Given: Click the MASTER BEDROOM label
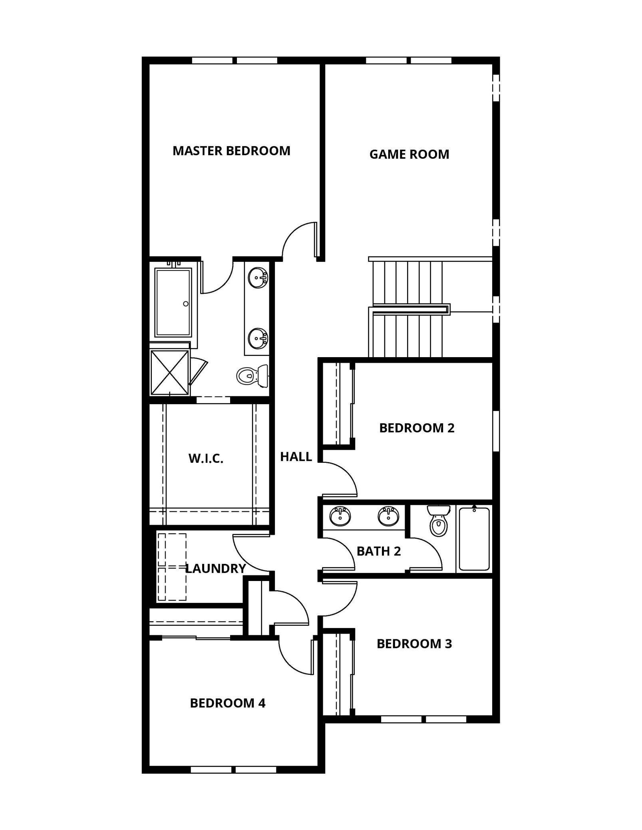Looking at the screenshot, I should point(231,151).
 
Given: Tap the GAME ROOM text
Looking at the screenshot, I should point(409,154).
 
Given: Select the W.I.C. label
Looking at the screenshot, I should point(206,458).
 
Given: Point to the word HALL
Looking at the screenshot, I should point(296,457).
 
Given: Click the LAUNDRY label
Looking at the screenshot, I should point(215,569).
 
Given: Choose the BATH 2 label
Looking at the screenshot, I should point(378,551).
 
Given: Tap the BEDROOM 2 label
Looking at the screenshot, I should point(417,428).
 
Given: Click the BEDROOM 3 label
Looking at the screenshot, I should point(414,644).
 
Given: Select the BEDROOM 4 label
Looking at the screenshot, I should point(228,703).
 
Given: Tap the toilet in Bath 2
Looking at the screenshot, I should point(438,521).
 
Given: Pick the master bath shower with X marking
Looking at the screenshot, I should point(169,373).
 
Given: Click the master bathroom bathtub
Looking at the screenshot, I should point(173,302).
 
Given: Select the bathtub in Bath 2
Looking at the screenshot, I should point(474,539).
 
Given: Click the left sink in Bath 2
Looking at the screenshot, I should point(340,516).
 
